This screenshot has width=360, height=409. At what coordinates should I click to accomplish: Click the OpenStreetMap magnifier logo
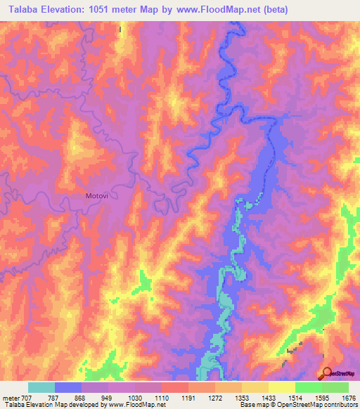point(327,373)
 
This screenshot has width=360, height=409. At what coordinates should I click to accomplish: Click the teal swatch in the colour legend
point(41,387)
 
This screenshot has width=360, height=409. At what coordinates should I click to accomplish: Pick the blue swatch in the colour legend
point(68,387)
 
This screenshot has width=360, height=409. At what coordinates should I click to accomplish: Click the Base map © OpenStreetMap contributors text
point(297,405)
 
